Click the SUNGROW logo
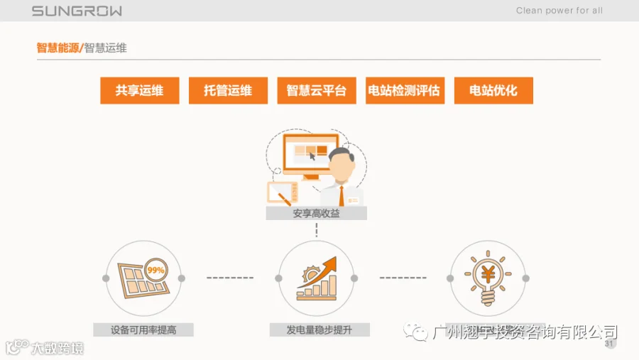pos(77,11)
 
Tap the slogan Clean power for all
pos(559,11)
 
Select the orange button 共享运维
pos(139,91)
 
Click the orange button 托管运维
pos(228,91)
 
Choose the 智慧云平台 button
pos(317,91)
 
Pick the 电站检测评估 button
pos(405,91)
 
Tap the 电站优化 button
pos(493,91)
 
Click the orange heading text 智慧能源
pos(58,48)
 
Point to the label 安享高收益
pos(317,213)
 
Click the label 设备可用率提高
pos(143,330)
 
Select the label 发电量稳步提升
pos(319,330)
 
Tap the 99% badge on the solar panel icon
pos(155,270)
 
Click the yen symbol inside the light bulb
pos(488,273)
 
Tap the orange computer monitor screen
pos(306,152)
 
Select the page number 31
pos(608,344)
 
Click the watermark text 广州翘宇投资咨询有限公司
pos(525,332)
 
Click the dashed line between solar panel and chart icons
pos(230,278)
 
